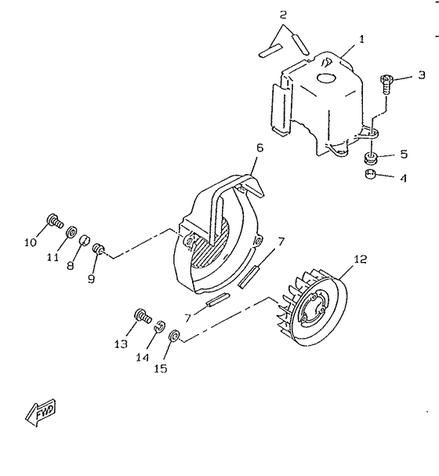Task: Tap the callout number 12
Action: [360, 259]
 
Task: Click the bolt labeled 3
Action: [386, 81]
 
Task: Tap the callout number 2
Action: [283, 14]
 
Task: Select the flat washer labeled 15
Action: [174, 338]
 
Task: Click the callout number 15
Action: [160, 367]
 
